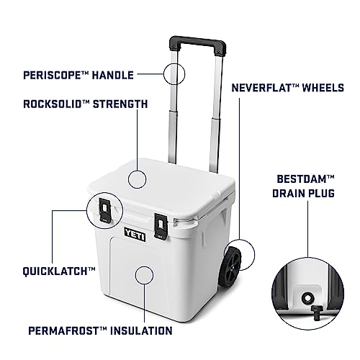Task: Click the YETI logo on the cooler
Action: [135, 234]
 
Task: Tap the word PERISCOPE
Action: [52, 75]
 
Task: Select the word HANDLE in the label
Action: [113, 75]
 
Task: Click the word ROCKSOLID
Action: [53, 104]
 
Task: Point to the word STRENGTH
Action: [120, 104]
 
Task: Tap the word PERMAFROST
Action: [63, 330]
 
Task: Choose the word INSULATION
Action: [141, 330]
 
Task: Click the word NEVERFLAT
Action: [261, 88]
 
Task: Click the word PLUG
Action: [321, 194]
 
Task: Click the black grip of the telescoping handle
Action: [198, 45]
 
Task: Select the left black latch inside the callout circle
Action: [105, 210]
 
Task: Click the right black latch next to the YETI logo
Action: [161, 227]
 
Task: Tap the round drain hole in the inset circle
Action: [307, 299]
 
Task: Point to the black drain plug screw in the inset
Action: [316, 312]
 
